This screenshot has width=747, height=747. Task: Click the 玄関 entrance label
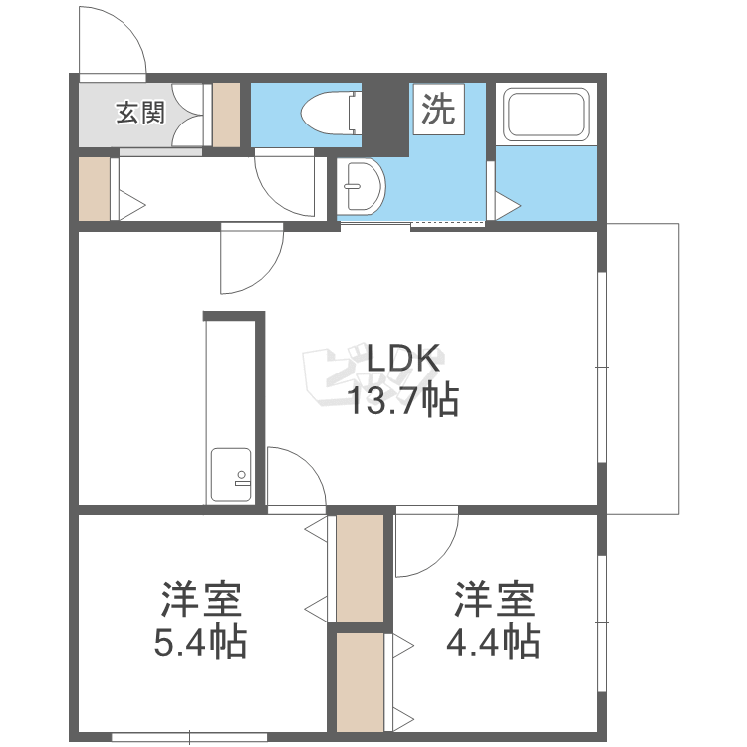pyautogui.click(x=139, y=113)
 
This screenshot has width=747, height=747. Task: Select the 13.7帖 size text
pyautogui.click(x=402, y=400)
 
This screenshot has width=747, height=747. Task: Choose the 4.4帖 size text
pyautogui.click(x=493, y=642)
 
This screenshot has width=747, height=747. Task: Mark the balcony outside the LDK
pyautogui.click(x=642, y=369)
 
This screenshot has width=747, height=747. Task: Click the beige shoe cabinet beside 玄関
pyautogui.click(x=227, y=114)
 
